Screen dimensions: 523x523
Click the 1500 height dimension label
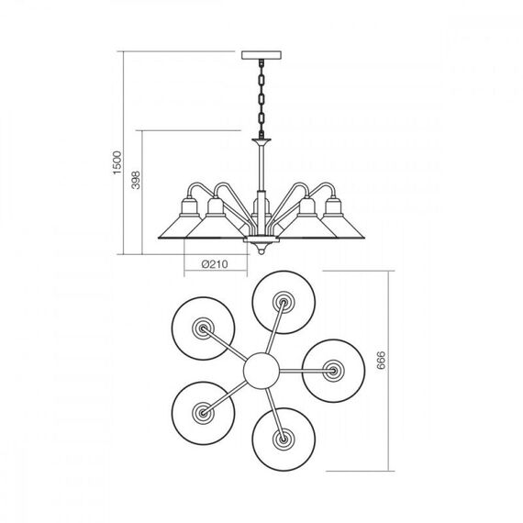(117, 162)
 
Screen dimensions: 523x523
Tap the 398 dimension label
(136, 180)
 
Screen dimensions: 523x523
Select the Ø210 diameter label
(215, 264)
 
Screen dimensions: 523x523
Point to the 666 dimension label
(381, 360)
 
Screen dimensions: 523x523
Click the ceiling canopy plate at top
(261, 55)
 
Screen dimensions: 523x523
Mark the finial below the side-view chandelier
(261, 249)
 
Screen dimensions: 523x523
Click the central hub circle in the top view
(261, 371)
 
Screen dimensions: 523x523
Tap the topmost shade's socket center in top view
(284, 302)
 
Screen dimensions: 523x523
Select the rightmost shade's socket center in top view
(333, 371)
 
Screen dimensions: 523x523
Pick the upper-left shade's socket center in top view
(203, 328)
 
